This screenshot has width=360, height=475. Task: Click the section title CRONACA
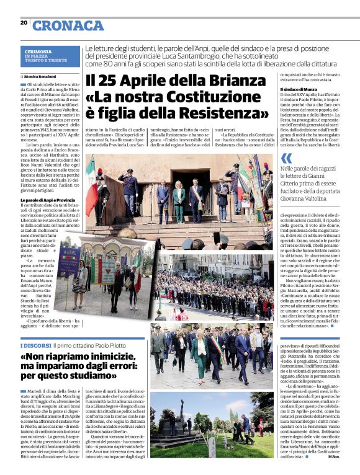(68, 25)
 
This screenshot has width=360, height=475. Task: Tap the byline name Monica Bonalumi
(48, 76)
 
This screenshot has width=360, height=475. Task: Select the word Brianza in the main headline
(232, 81)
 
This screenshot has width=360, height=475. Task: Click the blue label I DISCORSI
(35, 345)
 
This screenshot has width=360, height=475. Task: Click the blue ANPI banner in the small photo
(68, 260)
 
